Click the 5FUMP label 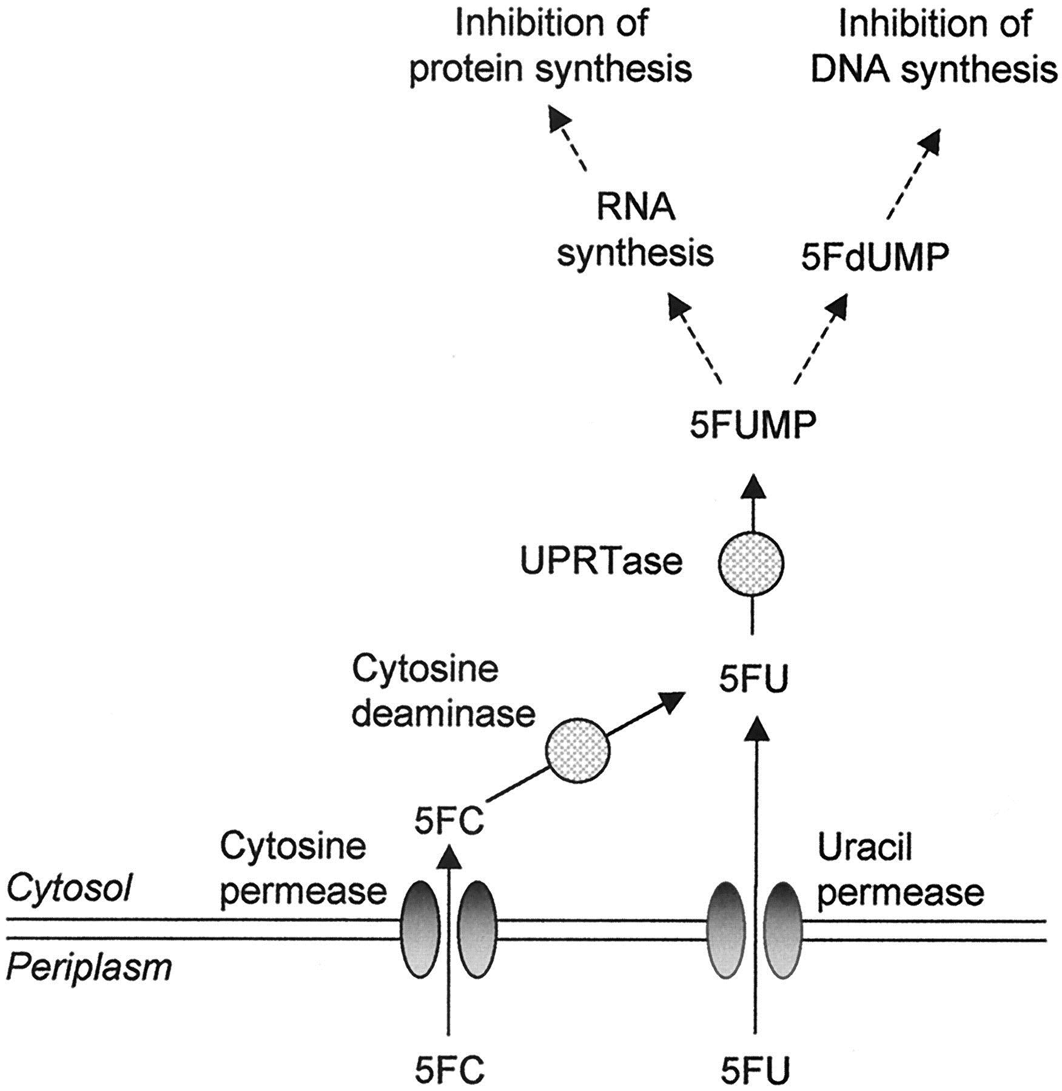pos(752,425)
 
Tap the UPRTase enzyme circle pos(751,563)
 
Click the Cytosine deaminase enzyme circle pos(577,752)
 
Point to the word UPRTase pos(601,562)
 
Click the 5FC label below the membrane pos(449,1072)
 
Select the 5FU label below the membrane pos(756,1072)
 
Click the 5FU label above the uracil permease pos(754,681)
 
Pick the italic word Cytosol pos(69,889)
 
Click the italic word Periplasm pos(89,967)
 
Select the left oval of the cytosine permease pos(421,929)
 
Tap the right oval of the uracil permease pos(783,929)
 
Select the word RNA pos(635,208)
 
